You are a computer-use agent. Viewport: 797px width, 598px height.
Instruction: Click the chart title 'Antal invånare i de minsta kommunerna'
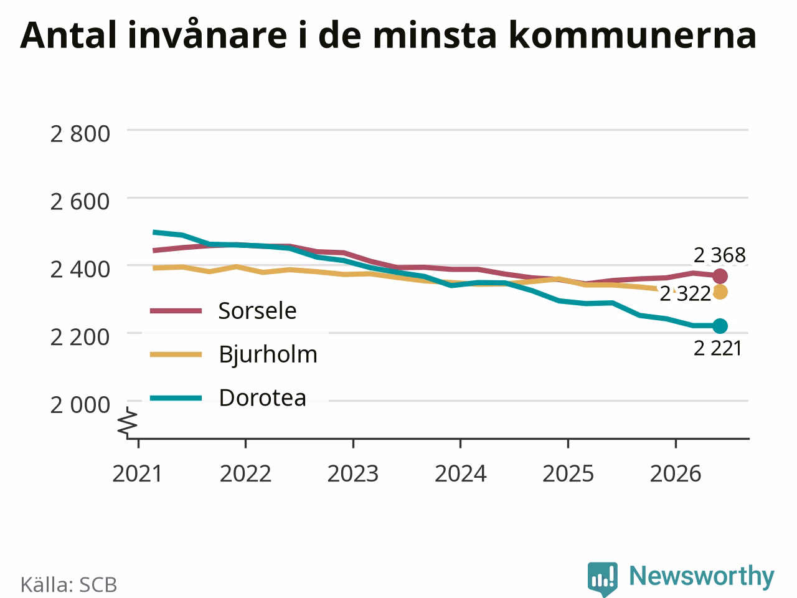[x=389, y=36]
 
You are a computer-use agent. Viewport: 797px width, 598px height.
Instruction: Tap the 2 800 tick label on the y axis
[x=80, y=133]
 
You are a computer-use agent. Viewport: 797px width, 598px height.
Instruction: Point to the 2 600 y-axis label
[x=80, y=202]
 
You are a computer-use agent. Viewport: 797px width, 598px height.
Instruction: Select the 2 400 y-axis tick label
[x=80, y=270]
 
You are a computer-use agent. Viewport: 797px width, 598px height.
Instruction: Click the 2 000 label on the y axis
[x=80, y=405]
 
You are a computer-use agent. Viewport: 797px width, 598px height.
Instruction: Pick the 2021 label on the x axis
[x=137, y=474]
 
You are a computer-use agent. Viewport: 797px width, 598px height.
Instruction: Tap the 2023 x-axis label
[x=353, y=474]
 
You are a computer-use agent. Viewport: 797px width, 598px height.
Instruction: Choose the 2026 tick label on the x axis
[x=676, y=474]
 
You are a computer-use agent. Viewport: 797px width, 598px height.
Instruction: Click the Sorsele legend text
[x=257, y=311]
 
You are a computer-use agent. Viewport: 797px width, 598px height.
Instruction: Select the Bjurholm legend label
[x=268, y=354]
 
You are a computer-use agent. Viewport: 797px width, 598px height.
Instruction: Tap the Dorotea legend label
[x=263, y=398]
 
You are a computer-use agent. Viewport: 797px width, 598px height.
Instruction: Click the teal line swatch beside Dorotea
[x=176, y=398]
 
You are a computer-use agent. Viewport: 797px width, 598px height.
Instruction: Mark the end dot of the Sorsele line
[x=720, y=277]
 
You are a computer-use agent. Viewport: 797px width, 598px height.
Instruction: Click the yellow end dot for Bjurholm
[x=720, y=292]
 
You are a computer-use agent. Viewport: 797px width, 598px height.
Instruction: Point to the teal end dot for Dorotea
[x=720, y=326]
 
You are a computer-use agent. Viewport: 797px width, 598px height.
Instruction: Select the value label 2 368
[x=720, y=255]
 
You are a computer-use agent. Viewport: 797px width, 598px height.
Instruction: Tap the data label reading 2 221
[x=718, y=349]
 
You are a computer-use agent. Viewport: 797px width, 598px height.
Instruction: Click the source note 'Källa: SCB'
[x=68, y=584]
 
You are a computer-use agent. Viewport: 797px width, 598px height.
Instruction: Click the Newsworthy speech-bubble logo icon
[x=602, y=579]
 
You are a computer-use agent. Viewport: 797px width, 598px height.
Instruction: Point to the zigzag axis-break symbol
[x=127, y=421]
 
